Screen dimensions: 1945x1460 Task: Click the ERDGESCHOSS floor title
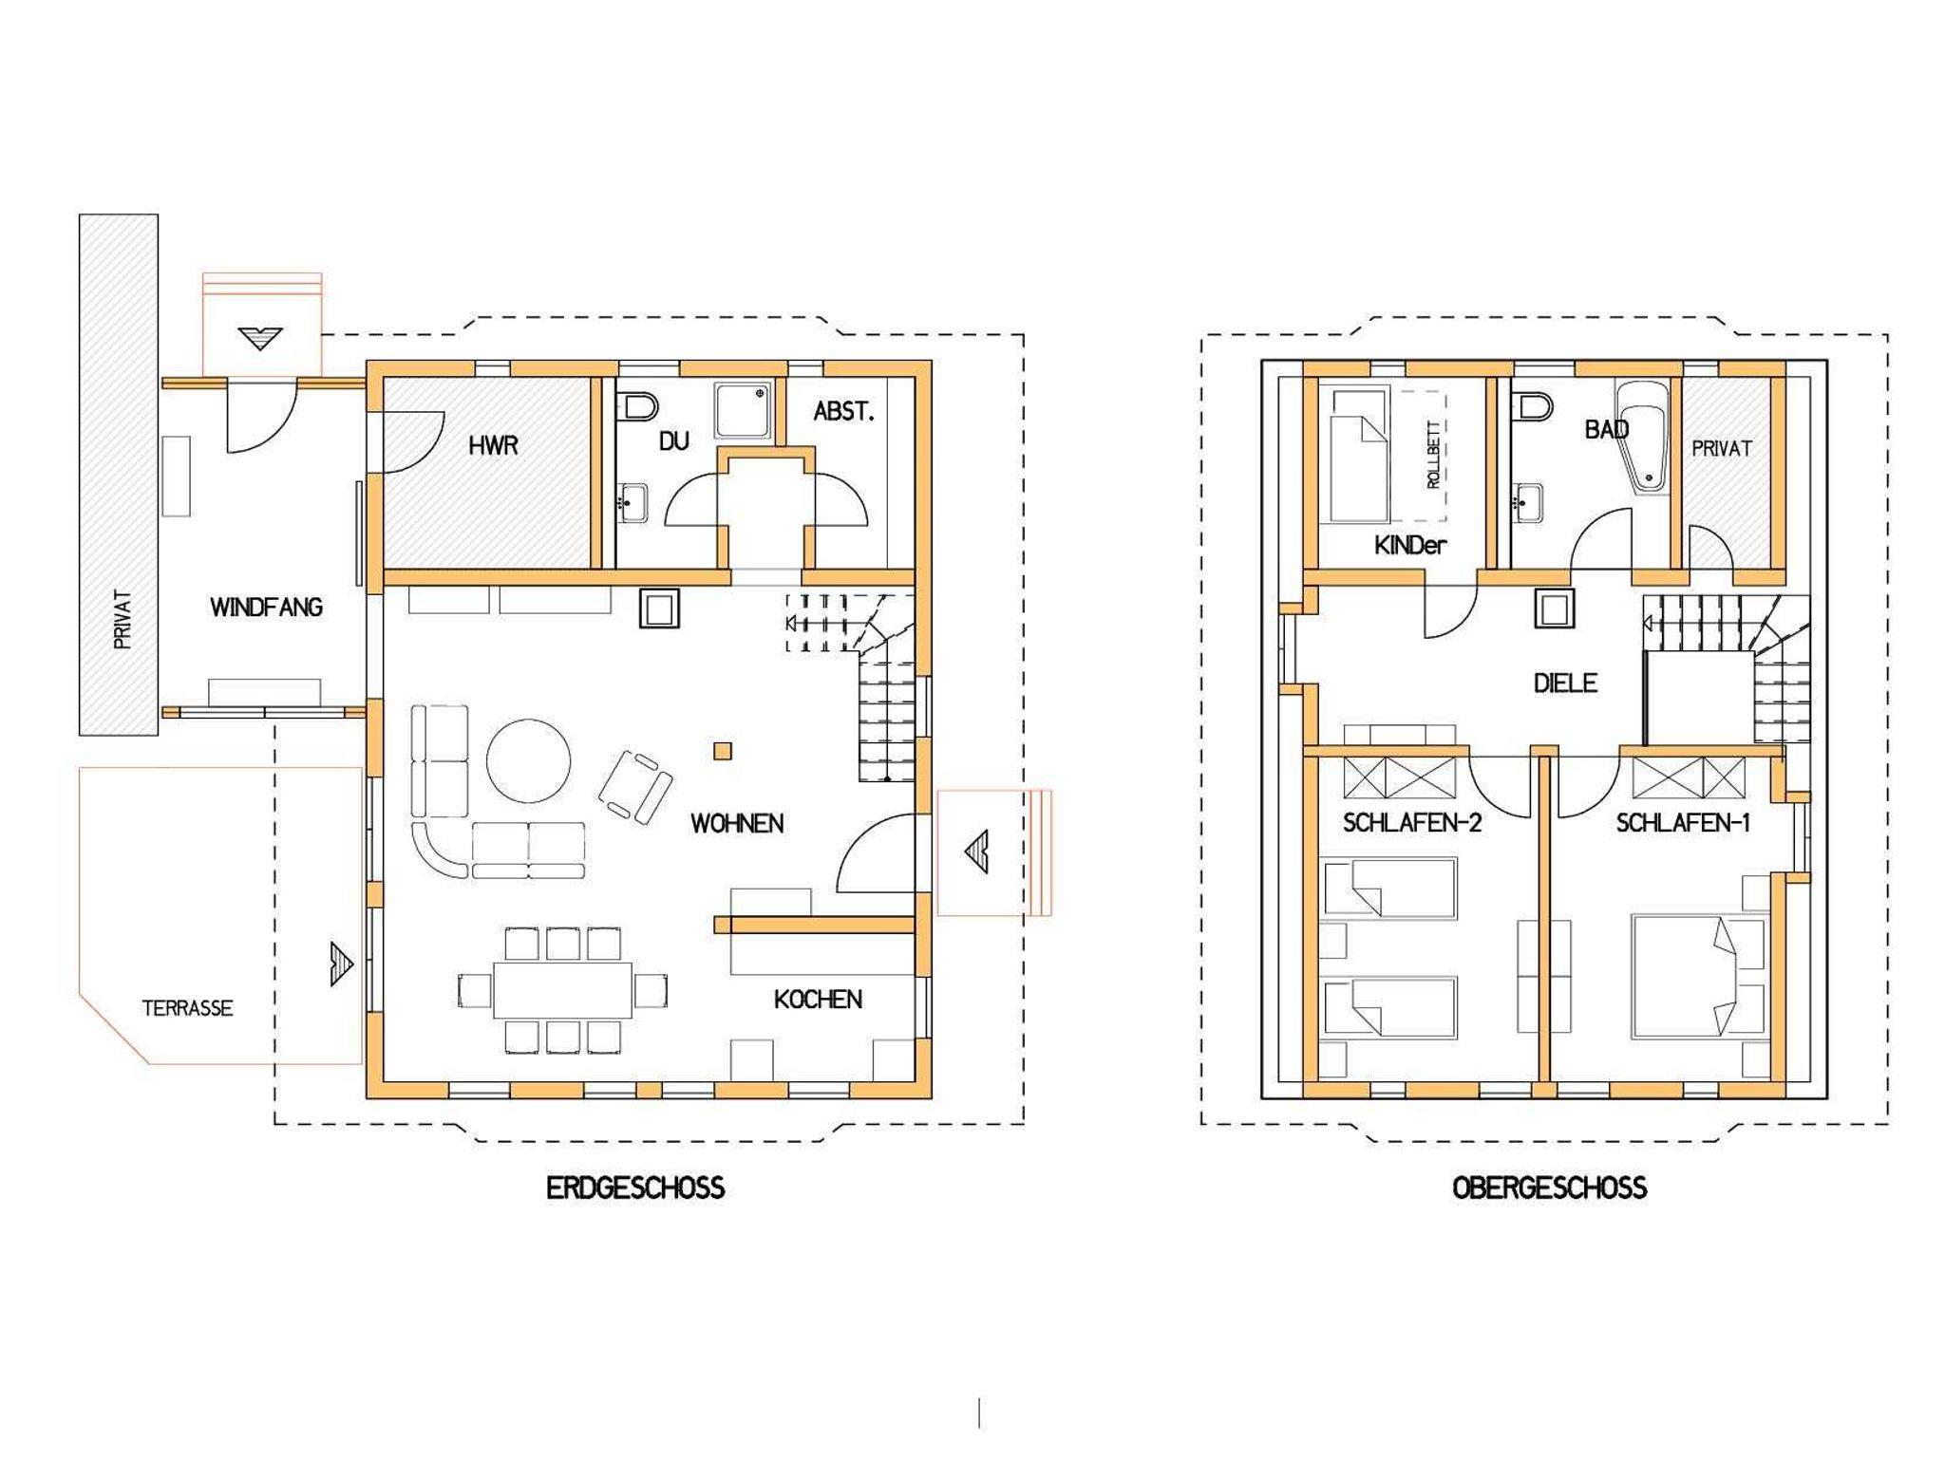pos(635,1189)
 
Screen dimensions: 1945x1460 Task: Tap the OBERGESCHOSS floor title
pos(1549,1189)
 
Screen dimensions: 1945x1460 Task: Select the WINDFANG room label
pos(266,608)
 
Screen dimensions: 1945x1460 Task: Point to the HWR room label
pos(493,445)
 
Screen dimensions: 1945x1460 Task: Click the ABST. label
pos(843,412)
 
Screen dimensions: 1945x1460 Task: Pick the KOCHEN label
pos(818,1000)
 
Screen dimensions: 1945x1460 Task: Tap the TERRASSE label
pos(187,1008)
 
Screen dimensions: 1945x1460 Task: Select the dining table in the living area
pos(562,992)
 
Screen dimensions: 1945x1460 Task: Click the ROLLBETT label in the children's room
pos(1433,455)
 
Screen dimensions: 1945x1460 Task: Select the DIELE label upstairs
pos(1565,683)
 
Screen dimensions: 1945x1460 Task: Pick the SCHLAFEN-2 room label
pos(1412,824)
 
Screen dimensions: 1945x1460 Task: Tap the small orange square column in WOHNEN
pos(724,751)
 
